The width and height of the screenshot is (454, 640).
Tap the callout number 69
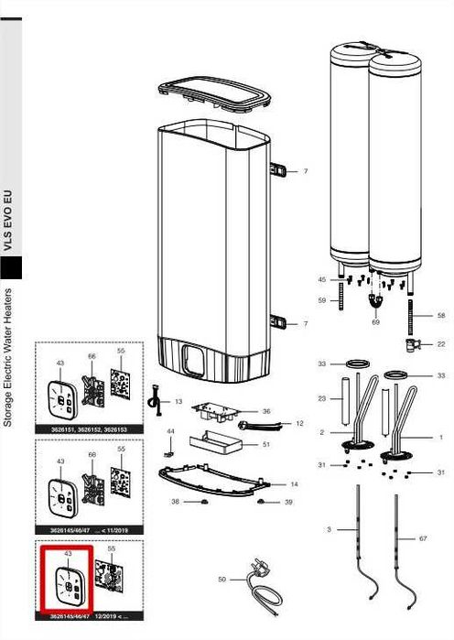click(x=375, y=323)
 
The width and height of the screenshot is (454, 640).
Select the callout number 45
click(x=321, y=279)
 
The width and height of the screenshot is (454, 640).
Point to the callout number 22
click(x=441, y=344)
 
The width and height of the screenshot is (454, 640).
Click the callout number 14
click(x=294, y=483)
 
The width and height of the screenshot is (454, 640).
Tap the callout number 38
click(x=175, y=503)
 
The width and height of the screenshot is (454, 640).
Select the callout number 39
click(x=288, y=503)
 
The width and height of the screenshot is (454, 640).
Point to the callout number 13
click(x=178, y=402)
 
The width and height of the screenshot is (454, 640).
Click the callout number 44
click(x=170, y=431)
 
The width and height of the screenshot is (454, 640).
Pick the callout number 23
click(x=321, y=398)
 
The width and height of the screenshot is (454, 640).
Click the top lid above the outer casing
click(x=214, y=95)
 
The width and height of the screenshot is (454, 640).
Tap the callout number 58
click(x=441, y=316)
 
